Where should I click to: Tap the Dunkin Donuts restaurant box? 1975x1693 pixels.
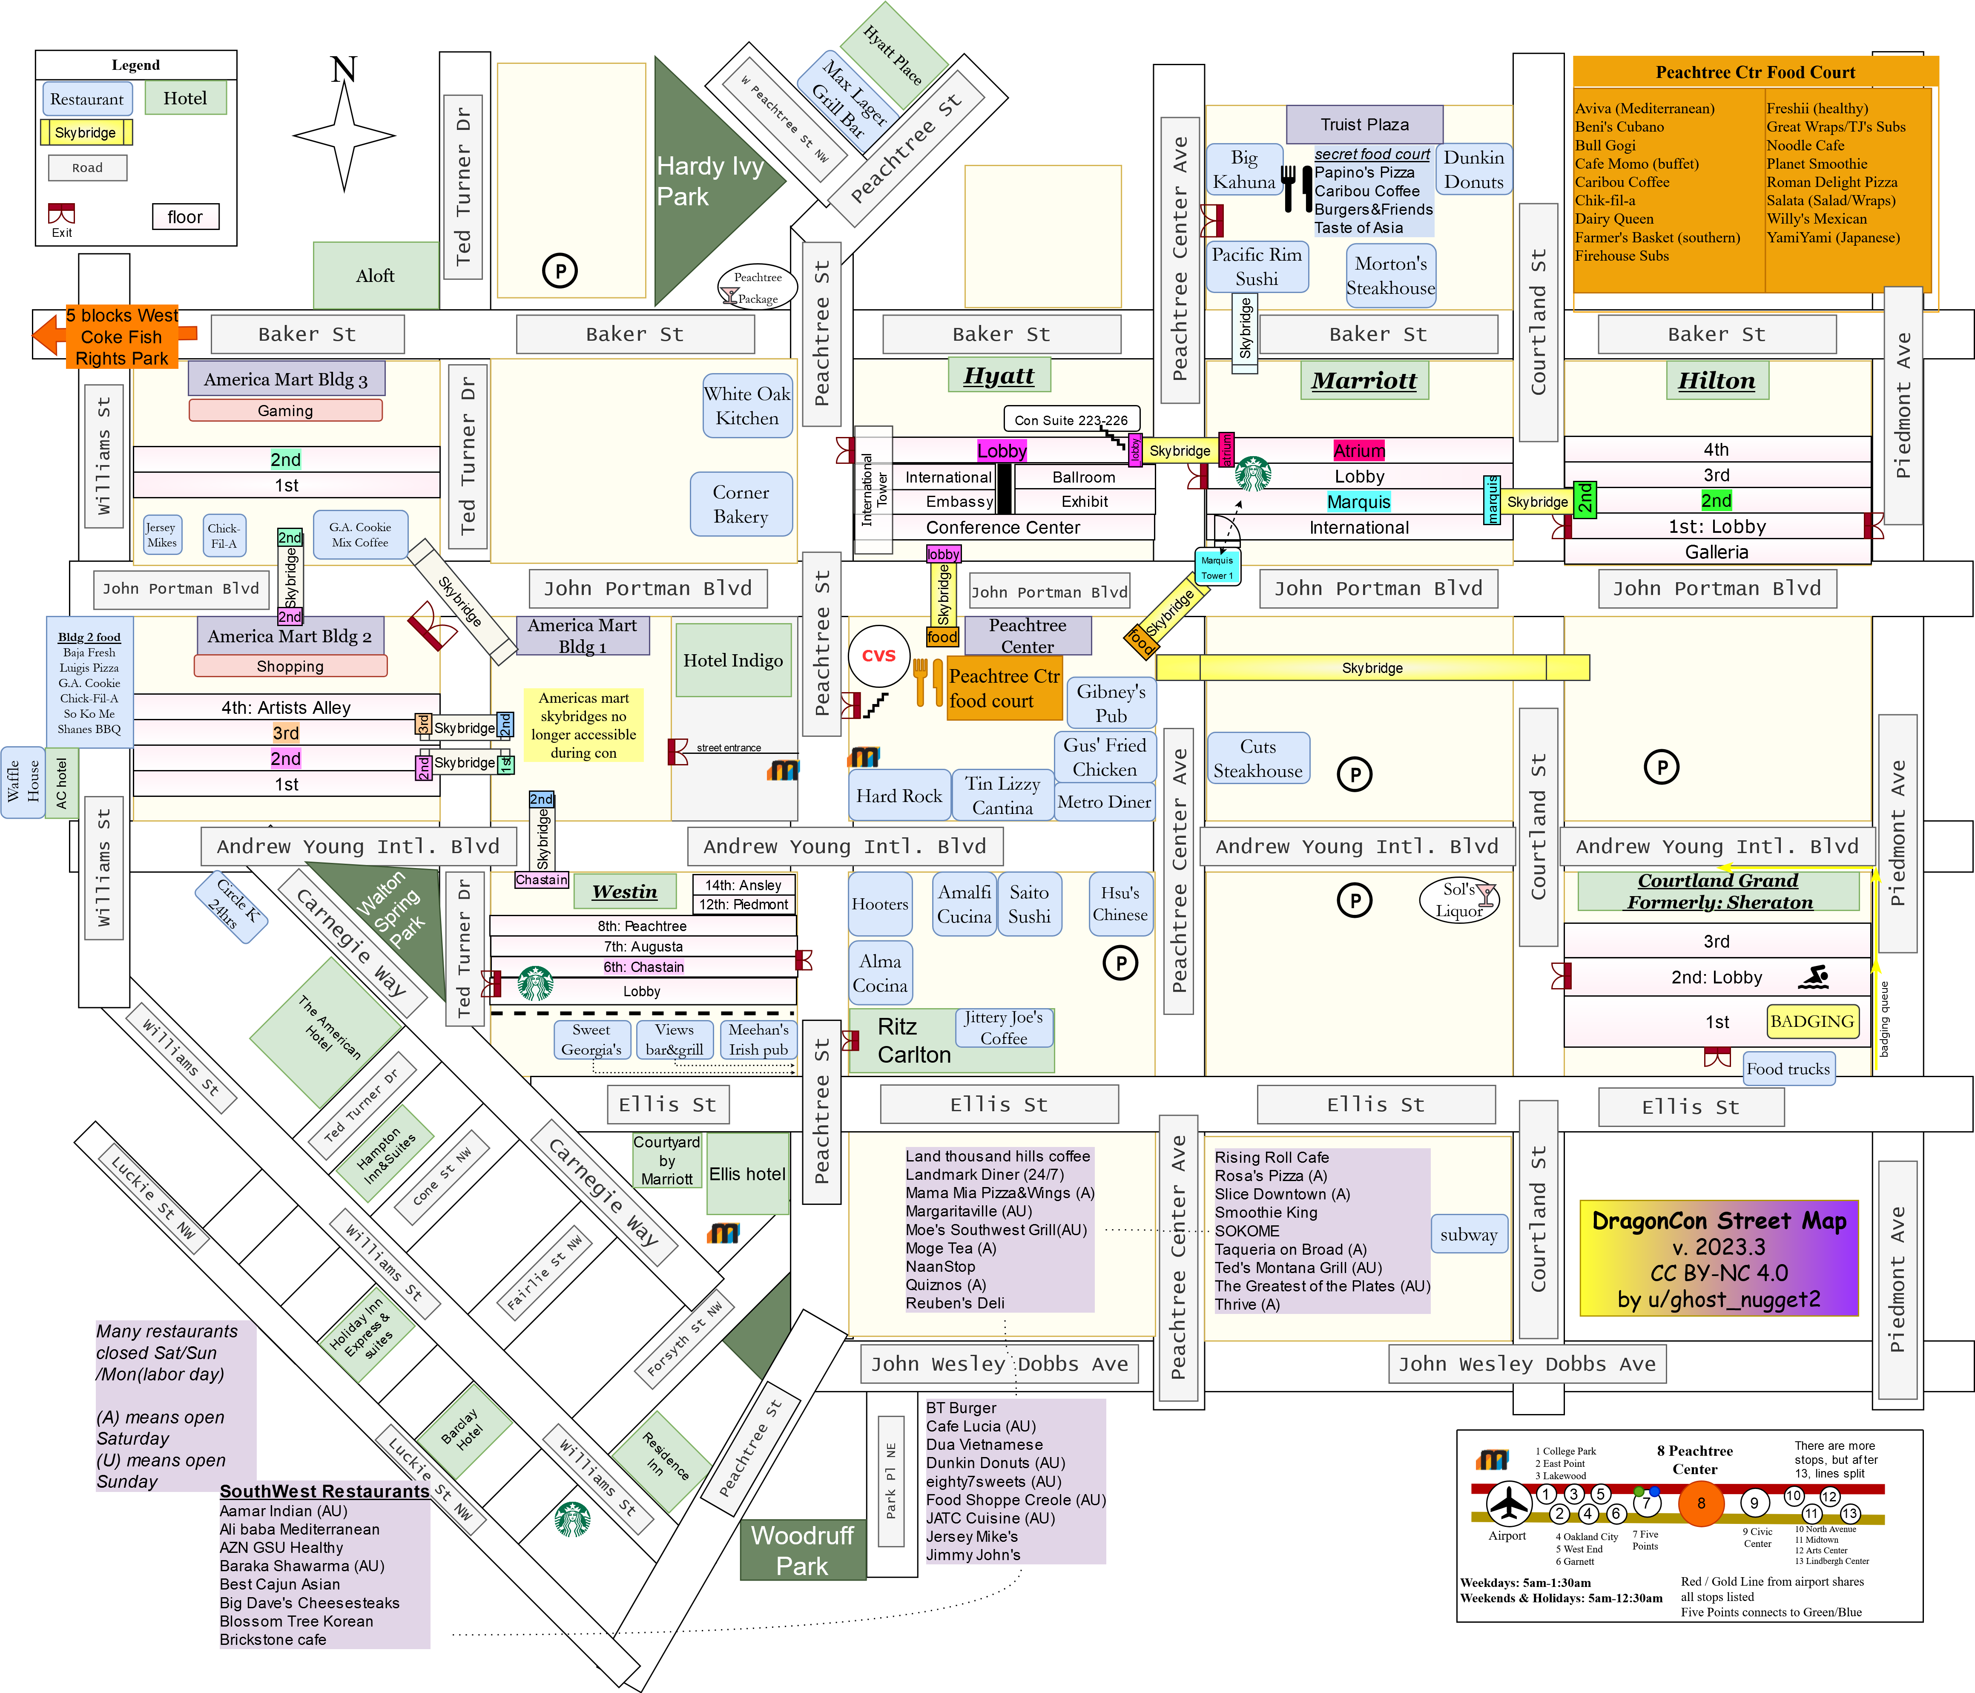tap(1474, 170)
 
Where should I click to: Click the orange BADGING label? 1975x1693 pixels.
tap(1812, 1021)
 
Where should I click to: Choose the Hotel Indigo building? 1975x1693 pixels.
tap(733, 660)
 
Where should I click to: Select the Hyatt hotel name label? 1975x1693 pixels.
tap(999, 376)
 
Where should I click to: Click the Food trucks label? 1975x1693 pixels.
tap(1788, 1069)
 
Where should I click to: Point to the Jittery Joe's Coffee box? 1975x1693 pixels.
tap(1004, 1028)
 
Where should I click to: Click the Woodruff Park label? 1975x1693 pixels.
tap(803, 1550)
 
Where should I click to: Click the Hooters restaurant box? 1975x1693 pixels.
tap(880, 904)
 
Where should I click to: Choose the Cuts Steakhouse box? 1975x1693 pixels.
tap(1258, 759)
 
